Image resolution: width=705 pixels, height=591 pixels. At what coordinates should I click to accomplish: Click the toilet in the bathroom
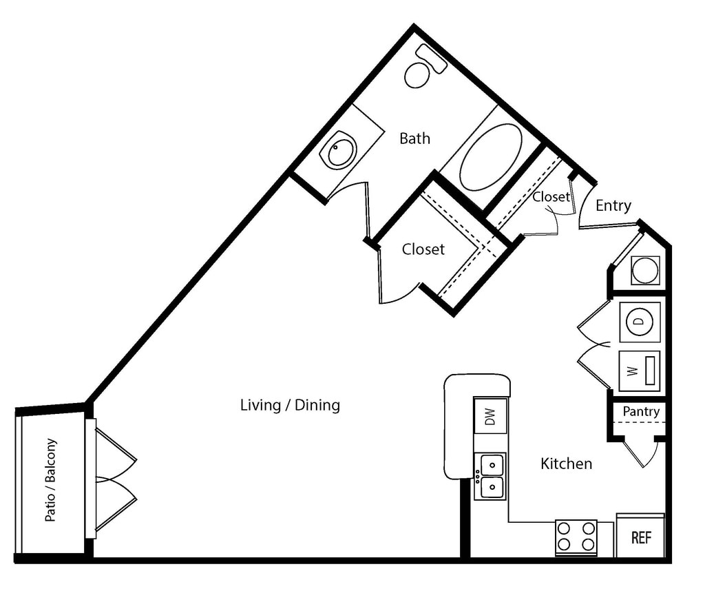pos(418,74)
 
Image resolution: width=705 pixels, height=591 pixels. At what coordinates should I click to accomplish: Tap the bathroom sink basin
pos(341,152)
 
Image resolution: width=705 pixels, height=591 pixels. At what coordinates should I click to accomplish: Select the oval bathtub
pos(490,157)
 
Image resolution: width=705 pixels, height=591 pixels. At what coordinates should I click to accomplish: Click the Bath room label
pos(414,138)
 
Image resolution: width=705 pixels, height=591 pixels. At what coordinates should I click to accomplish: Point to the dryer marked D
pos(640,322)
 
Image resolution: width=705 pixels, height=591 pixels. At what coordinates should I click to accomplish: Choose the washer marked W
pos(640,371)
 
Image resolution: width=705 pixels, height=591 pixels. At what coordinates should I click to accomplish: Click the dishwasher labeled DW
pos(490,416)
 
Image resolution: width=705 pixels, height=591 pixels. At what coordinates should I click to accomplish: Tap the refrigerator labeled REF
pos(640,537)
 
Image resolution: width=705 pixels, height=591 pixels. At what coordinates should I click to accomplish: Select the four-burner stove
pos(576,537)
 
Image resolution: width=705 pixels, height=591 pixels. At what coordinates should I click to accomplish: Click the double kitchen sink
pos(492,475)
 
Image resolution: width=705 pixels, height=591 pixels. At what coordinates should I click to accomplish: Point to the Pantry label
pos(641,411)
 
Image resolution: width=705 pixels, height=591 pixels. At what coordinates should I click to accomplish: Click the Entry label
pos(613,205)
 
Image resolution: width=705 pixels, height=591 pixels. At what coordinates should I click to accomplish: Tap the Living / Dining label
pos(290,404)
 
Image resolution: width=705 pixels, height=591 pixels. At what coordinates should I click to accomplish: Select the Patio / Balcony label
pos(51,479)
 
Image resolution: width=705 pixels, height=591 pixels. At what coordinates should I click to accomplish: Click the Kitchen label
pos(566,464)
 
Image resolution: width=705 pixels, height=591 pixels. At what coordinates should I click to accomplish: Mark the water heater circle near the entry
pos(645,269)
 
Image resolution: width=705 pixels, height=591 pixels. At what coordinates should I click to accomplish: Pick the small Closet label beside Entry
pos(551,196)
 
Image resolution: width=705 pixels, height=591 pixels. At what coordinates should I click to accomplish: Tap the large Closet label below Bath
pos(423,249)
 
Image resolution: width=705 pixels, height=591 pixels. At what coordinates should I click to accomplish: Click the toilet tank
pos(432,59)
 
